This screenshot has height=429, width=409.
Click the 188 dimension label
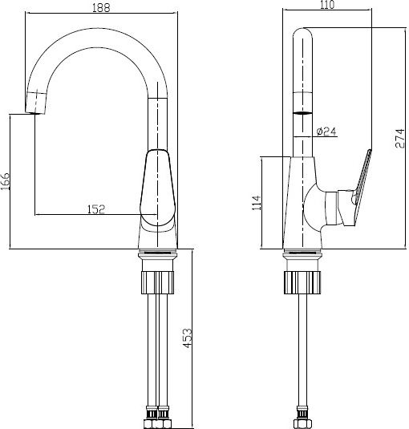click(101, 7)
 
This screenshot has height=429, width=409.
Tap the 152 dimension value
click(96, 209)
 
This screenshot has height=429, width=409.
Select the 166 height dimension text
click(5, 181)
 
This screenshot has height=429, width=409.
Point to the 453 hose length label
click(188, 338)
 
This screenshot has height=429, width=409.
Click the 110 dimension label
click(327, 5)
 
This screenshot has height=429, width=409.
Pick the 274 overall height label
click(399, 138)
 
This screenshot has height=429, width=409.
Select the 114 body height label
click(257, 202)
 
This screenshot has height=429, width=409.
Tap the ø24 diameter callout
click(326, 132)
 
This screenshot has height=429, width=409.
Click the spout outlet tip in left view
click(36, 103)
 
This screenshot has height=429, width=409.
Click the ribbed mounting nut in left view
click(157, 282)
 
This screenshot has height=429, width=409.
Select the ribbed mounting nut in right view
click(302, 282)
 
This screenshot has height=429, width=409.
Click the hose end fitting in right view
click(302, 418)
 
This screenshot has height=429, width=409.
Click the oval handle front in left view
click(157, 188)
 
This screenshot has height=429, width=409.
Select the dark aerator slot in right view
click(302, 113)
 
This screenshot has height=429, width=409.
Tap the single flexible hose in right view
click(302, 350)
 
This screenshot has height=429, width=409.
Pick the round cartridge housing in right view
click(314, 208)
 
